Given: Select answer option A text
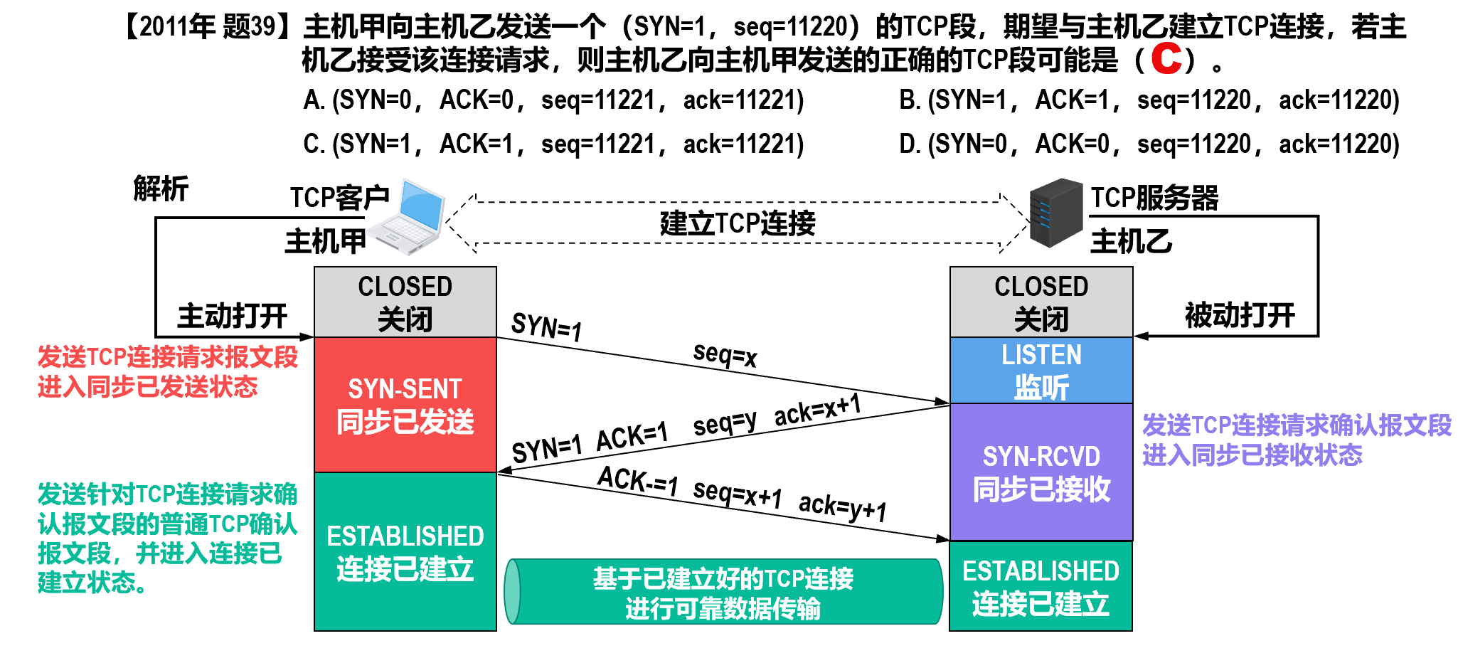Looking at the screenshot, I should tap(553, 100).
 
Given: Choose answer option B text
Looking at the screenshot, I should tap(1149, 100).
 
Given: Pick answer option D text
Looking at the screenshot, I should tap(1149, 144).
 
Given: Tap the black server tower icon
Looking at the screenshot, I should tap(1055, 213).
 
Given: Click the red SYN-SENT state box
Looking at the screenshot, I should tap(405, 405).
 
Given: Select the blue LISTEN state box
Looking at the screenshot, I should tap(1041, 371).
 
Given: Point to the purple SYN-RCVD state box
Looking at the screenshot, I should tap(1041, 472).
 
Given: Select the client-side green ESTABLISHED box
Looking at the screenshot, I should tap(405, 552).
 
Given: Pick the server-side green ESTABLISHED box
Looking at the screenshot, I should tap(1041, 586).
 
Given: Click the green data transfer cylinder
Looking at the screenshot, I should tap(723, 592).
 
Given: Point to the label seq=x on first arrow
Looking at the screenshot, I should tap(725, 354).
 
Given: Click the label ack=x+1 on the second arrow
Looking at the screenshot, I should tap(817, 410).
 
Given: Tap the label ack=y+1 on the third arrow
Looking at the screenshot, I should tap(843, 507).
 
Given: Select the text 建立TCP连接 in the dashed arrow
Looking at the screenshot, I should tap(738, 223).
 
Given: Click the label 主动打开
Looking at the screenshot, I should tap(232, 316).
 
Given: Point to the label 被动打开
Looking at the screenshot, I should tap(1240, 315).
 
